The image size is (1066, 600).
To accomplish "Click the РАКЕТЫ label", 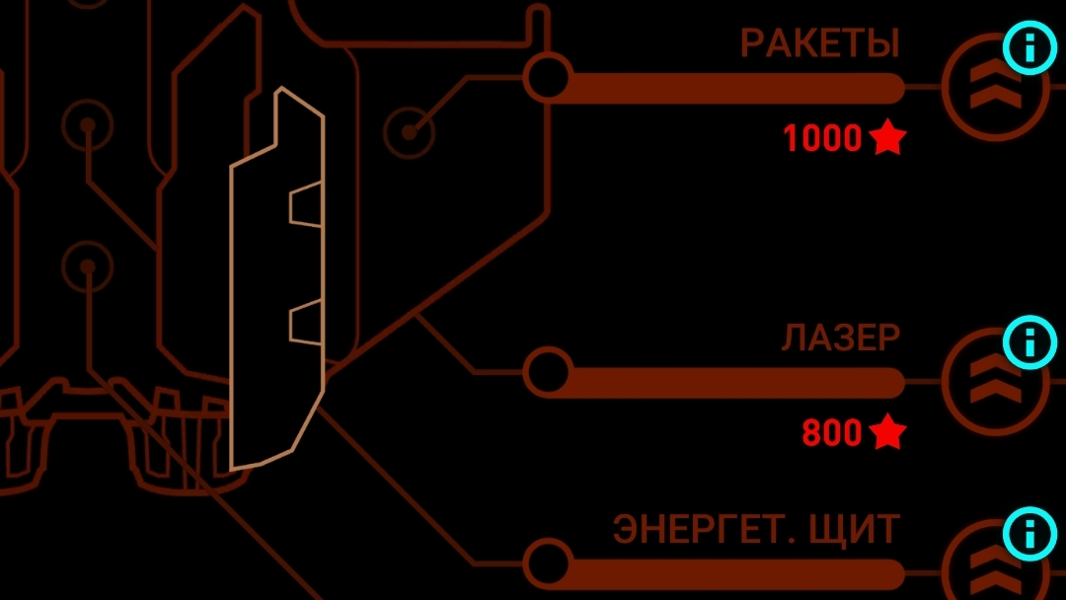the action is [x=820, y=43].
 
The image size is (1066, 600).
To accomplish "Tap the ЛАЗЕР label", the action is [x=841, y=337].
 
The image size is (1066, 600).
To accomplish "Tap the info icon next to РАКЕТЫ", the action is [x=1029, y=47].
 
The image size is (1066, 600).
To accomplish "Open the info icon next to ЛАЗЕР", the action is [x=1029, y=341].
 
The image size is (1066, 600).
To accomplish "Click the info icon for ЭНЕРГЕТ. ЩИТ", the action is [x=1029, y=534].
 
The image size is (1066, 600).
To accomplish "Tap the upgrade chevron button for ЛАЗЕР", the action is [x=994, y=382].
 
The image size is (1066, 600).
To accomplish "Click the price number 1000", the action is [x=822, y=138].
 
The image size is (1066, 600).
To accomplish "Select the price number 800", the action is [x=832, y=432].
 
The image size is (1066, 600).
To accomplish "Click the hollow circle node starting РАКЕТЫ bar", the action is [x=547, y=77].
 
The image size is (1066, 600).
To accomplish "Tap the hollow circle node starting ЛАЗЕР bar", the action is [x=547, y=372].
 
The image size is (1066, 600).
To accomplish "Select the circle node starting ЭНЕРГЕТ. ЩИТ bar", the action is [x=547, y=562].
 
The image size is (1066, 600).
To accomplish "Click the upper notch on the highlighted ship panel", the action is [x=306, y=204].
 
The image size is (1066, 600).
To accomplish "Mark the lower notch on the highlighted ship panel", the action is [x=306, y=322].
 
